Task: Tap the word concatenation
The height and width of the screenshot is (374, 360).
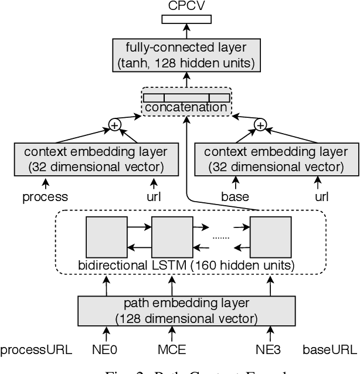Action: (x=186, y=107)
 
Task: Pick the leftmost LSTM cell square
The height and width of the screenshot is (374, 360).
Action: (x=106, y=235)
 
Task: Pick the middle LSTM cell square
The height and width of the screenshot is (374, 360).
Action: (x=172, y=235)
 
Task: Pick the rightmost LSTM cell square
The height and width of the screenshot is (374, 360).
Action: (x=270, y=235)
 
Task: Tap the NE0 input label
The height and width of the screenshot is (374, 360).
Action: (x=106, y=351)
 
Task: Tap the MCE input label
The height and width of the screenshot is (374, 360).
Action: (x=172, y=351)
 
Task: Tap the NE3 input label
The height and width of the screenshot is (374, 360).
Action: (x=270, y=351)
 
